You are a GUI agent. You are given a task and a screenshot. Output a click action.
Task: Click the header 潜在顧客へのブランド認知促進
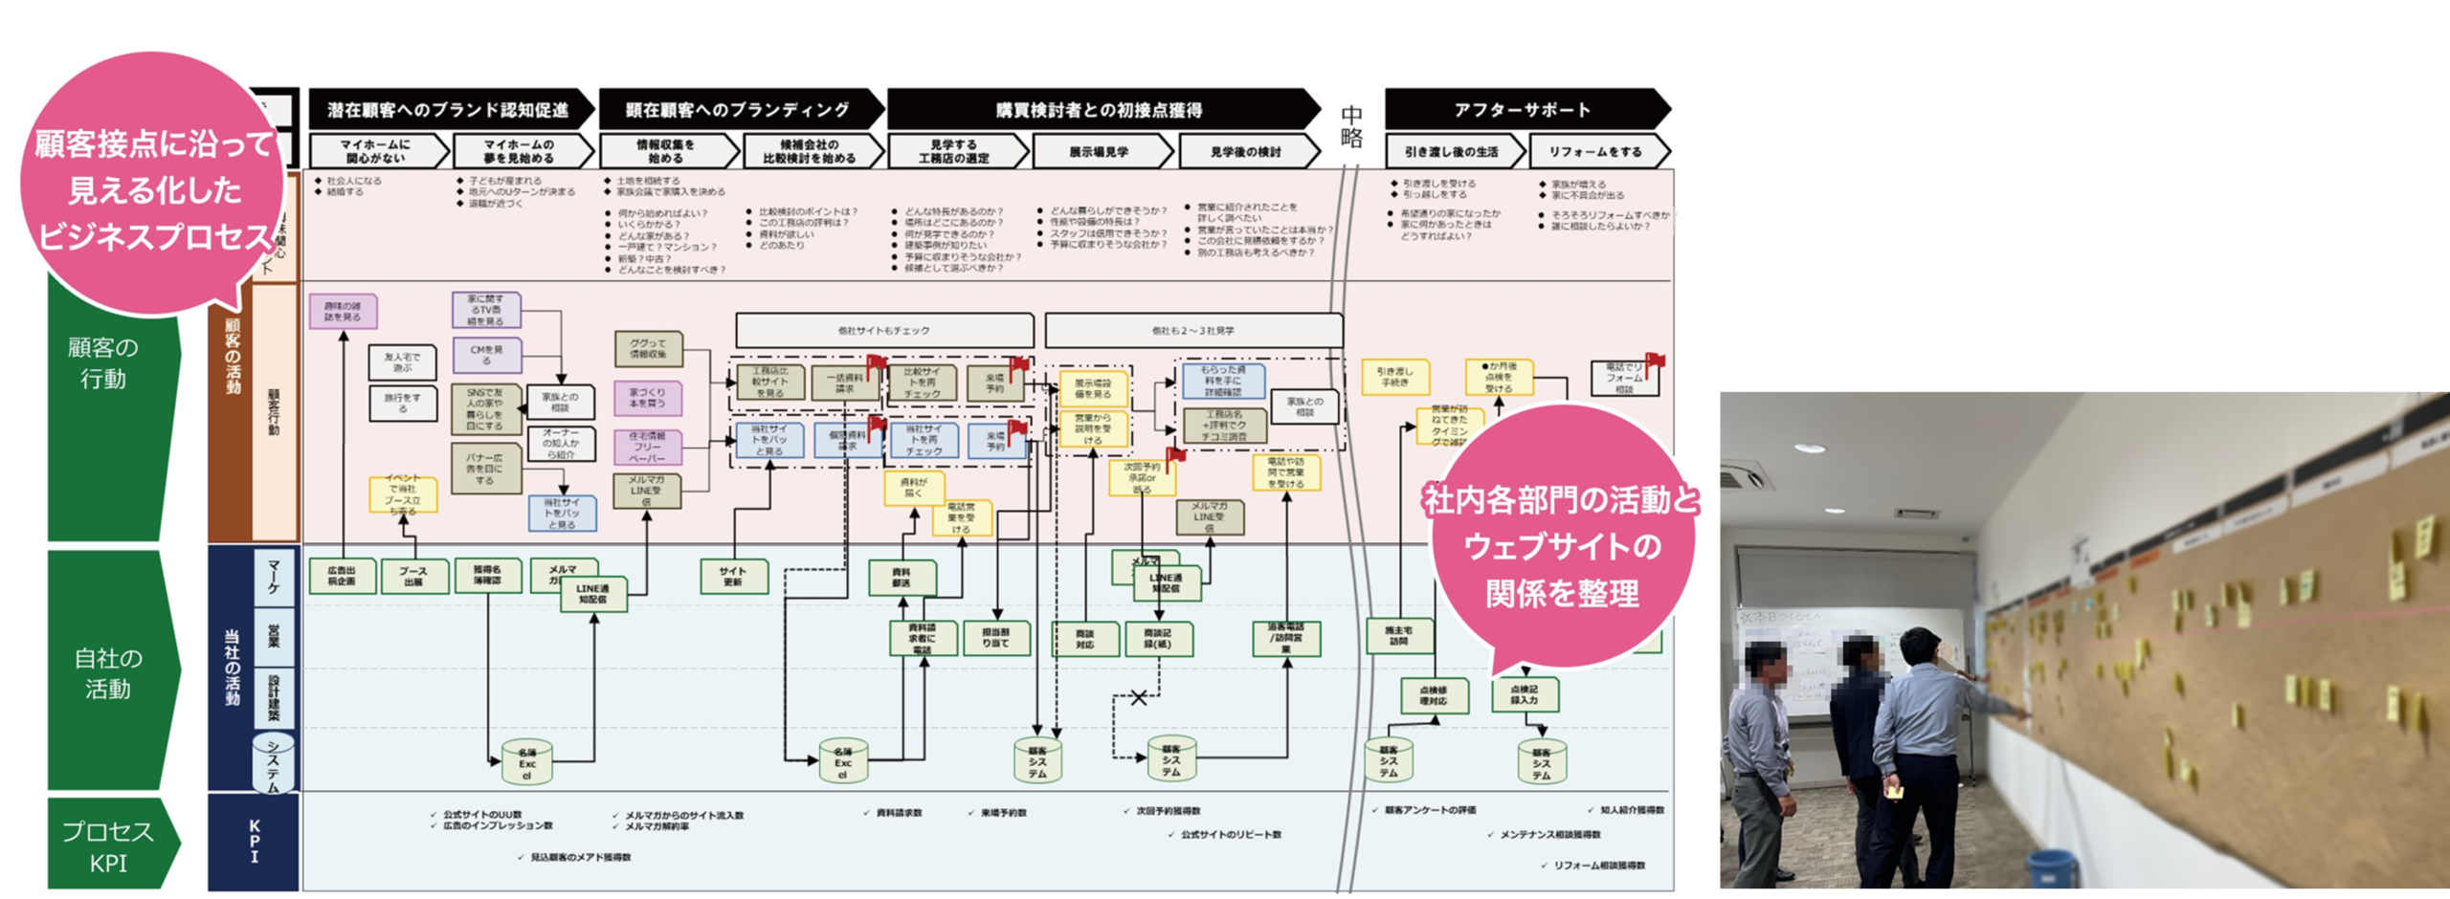click(x=448, y=110)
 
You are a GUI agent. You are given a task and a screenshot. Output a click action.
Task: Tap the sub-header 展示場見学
click(x=1099, y=152)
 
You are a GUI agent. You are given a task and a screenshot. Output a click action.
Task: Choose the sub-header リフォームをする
click(x=1594, y=152)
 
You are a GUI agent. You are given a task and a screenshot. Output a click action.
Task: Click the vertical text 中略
click(x=1351, y=126)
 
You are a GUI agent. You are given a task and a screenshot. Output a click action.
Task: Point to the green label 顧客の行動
click(x=103, y=363)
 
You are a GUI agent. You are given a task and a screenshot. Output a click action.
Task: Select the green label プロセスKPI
click(x=107, y=846)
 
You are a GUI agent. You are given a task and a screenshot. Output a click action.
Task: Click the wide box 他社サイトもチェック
click(x=883, y=331)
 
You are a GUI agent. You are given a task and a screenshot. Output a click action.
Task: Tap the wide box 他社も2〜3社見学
click(x=1192, y=331)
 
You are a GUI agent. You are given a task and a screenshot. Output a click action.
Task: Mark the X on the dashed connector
click(x=1138, y=698)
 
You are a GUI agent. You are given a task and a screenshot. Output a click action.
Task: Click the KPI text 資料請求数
click(x=899, y=813)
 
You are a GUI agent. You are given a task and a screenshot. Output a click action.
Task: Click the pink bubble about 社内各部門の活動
click(x=1562, y=545)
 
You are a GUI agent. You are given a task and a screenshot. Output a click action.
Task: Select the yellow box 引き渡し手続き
click(x=1394, y=377)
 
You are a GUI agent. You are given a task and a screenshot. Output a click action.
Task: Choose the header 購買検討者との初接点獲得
click(x=1099, y=110)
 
